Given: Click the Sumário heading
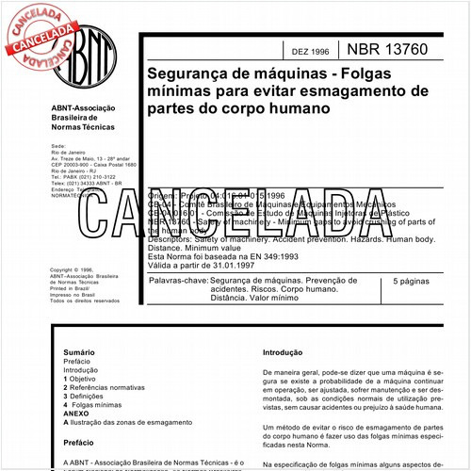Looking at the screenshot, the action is coord(80,350).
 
